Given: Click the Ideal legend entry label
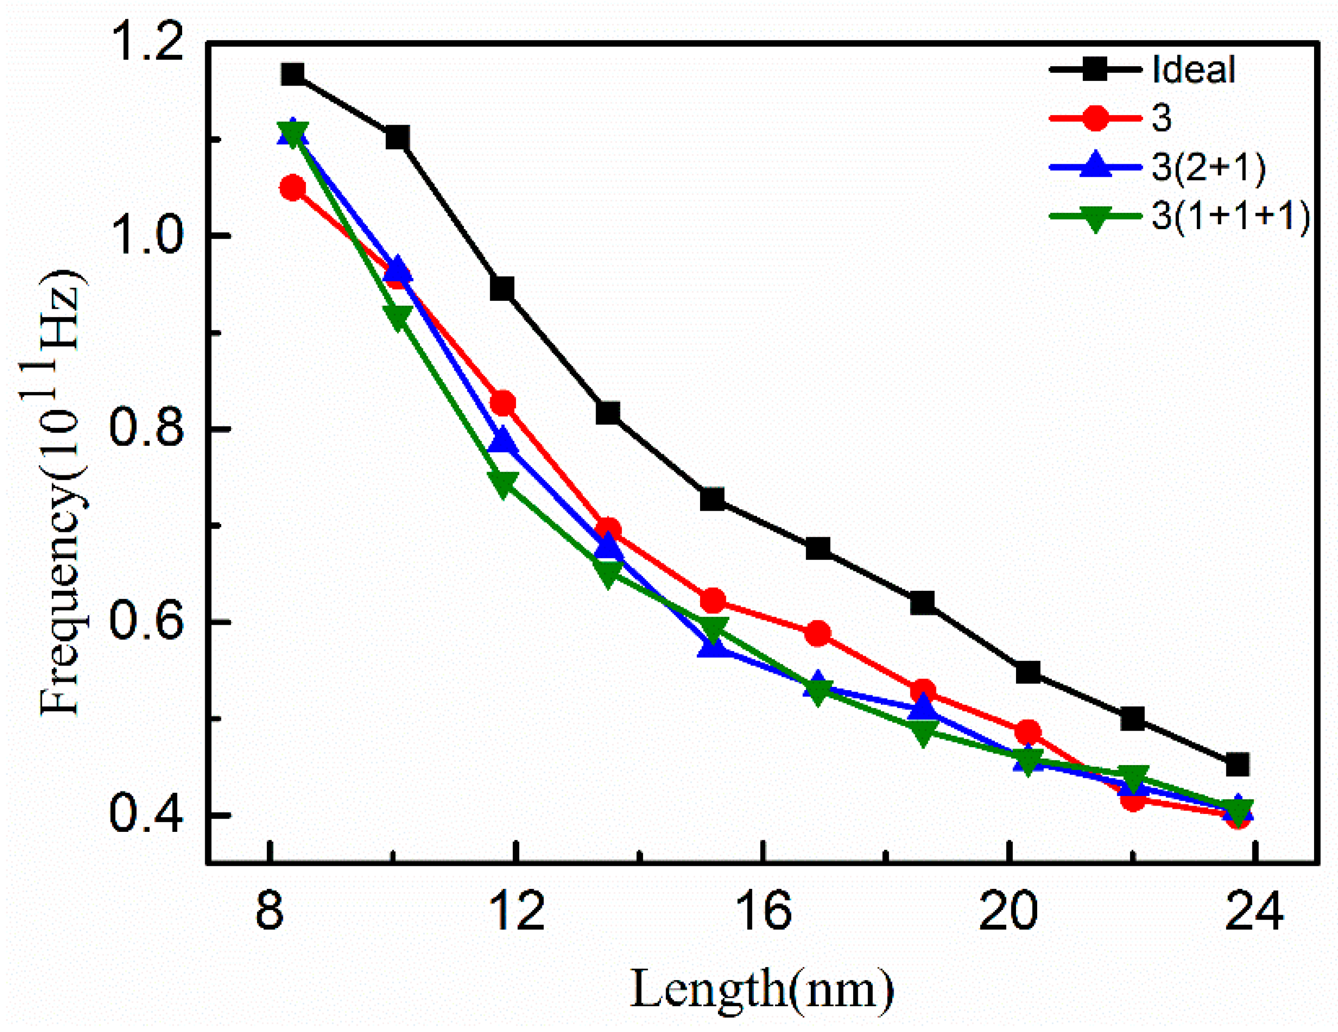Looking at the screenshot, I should pos(1194,70).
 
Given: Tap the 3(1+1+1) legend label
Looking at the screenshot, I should pos(1230,216).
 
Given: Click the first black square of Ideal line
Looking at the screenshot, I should pos(293,74).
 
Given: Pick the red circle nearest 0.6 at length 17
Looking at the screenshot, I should pos(818,634).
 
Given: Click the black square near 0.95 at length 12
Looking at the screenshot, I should pos(502,288).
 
